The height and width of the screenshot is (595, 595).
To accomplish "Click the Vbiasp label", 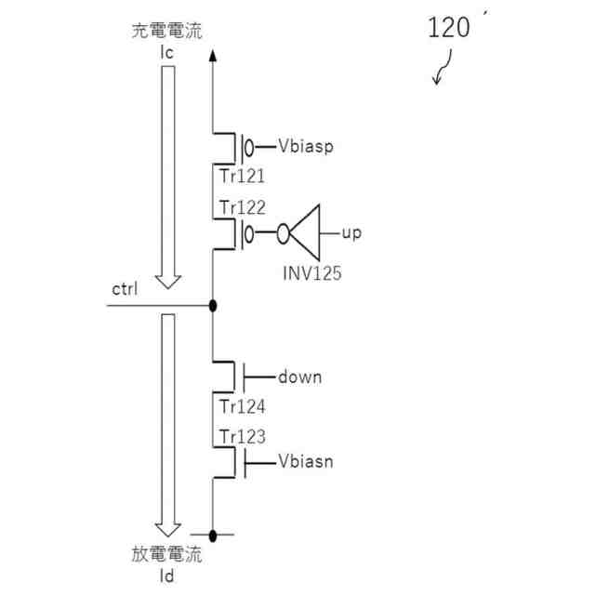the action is [306, 146].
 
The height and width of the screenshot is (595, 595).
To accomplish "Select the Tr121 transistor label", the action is [242, 176].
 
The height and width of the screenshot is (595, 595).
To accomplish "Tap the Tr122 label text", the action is [243, 207].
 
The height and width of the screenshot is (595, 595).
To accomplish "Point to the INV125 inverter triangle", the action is [305, 232].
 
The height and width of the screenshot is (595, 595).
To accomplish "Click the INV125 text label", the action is [312, 272].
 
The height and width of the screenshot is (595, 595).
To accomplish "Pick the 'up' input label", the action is [351, 233].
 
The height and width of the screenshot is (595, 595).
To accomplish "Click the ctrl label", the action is [125, 289].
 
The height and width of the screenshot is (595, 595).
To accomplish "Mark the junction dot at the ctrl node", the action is [213, 306].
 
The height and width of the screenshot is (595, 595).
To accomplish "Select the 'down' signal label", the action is [299, 377].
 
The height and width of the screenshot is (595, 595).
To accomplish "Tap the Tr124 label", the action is [243, 407].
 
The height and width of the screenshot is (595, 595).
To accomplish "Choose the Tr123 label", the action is [243, 436].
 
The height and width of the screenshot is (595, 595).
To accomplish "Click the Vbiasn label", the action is [306, 461].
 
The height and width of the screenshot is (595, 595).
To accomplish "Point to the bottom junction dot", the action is [213, 535].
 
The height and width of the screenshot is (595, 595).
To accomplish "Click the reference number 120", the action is [449, 27].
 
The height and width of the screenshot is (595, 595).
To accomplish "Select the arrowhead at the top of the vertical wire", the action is [213, 56].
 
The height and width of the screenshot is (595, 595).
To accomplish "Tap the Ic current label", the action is [167, 53].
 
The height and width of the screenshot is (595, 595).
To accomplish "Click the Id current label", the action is [167, 576].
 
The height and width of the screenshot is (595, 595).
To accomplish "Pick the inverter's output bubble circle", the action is [283, 233].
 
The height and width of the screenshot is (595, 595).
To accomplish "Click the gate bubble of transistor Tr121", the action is [249, 148].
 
